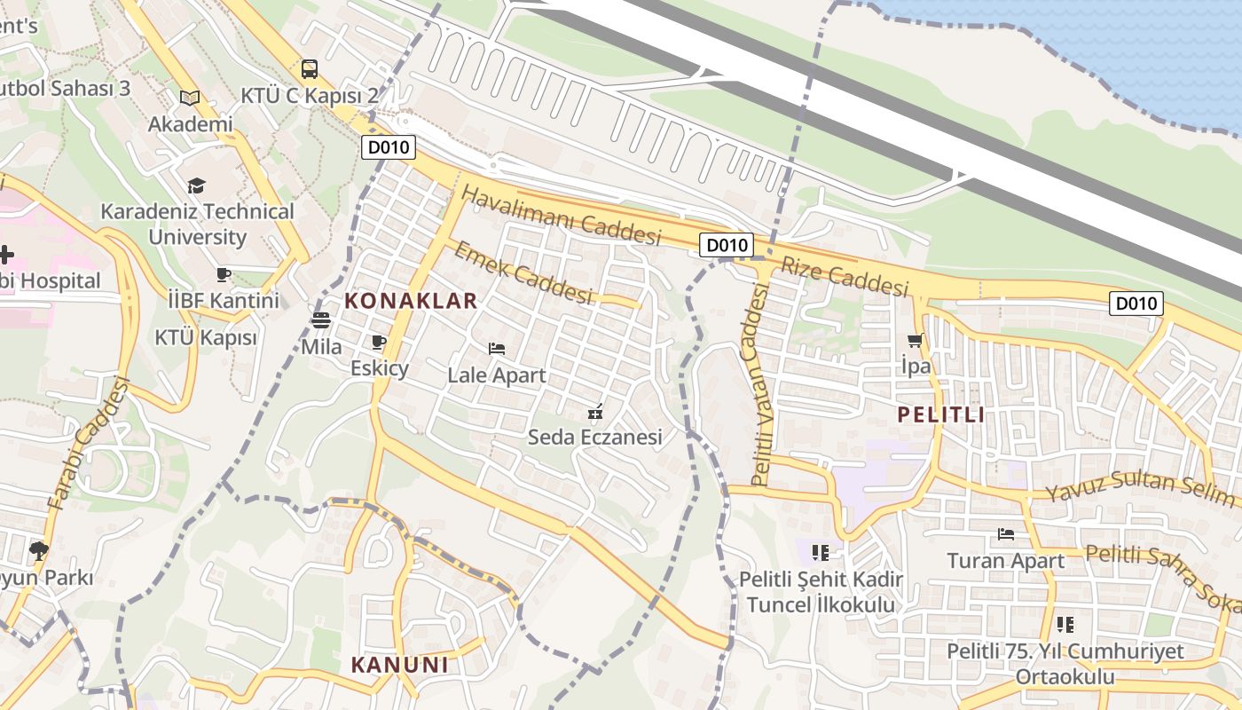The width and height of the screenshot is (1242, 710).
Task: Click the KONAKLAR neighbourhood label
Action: tap(411, 300)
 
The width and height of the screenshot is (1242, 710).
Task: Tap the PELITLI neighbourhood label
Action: tap(940, 414)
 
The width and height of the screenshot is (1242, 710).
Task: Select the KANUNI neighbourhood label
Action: tap(399, 665)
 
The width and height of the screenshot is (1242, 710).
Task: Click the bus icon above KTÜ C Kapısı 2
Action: tap(310, 68)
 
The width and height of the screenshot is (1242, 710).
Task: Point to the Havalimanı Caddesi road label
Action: tap(562, 216)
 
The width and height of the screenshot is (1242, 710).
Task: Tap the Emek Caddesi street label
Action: tap(523, 272)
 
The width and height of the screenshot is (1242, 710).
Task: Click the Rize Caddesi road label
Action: tap(845, 276)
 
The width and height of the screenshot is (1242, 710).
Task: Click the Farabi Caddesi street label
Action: tap(88, 444)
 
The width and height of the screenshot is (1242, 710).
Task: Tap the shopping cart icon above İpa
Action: tap(916, 340)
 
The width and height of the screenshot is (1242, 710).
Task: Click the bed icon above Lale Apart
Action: tap(497, 348)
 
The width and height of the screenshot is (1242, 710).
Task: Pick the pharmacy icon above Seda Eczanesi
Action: tap(595, 411)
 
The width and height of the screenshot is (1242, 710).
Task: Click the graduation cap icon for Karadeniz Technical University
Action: tap(196, 185)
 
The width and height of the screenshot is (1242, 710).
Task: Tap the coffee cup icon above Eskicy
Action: tap(379, 342)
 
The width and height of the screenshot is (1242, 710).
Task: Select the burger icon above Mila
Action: tap(321, 320)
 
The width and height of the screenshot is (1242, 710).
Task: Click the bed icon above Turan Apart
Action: tap(1005, 533)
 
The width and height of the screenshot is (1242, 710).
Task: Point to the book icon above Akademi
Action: tap(189, 98)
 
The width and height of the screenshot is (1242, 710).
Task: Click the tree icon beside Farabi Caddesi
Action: tap(38, 550)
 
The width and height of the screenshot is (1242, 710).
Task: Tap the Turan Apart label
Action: tap(1005, 561)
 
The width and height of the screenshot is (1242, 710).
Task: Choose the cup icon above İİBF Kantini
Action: tap(224, 274)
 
